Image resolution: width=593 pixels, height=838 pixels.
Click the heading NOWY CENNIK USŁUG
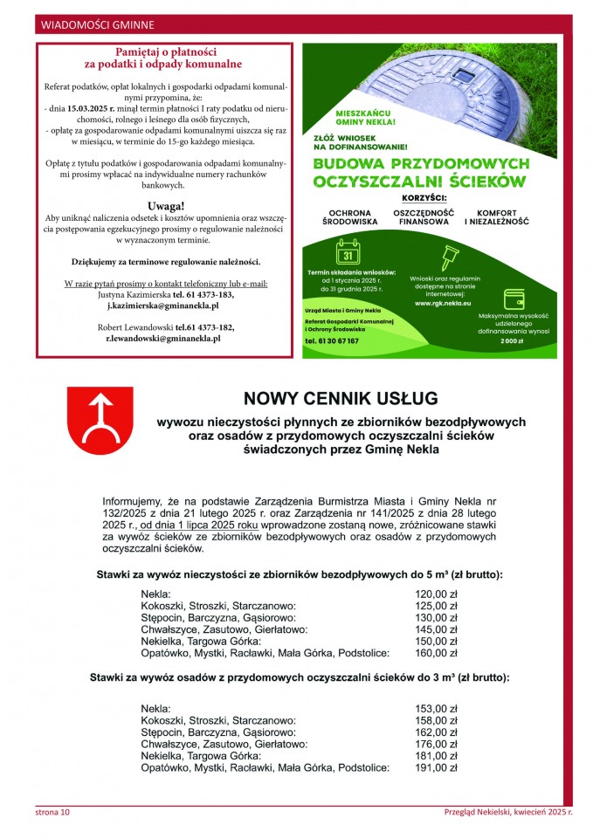point(341,399)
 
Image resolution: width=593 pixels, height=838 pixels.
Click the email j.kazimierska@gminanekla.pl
point(163,306)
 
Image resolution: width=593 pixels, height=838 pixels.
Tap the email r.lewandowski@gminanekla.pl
point(163,338)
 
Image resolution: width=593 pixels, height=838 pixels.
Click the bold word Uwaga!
point(164,205)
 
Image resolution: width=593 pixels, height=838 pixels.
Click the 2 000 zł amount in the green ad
point(511,340)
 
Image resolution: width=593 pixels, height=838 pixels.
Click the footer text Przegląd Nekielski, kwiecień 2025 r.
point(507,812)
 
